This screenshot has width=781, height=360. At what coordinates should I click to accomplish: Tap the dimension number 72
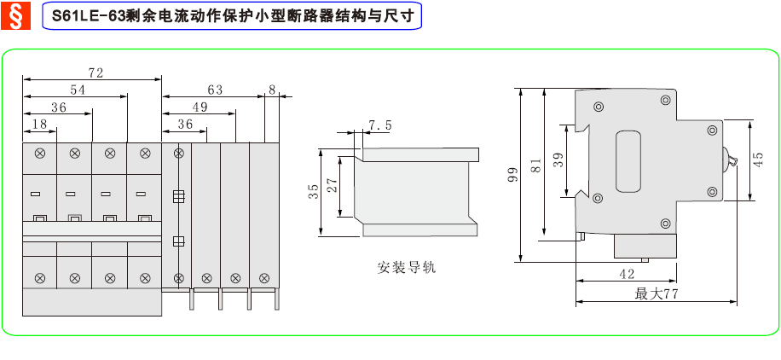tap(95, 73)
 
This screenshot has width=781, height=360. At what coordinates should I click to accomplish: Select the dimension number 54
tap(78, 90)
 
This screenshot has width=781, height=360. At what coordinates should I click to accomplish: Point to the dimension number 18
tap(39, 125)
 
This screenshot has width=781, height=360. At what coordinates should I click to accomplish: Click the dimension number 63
tap(214, 90)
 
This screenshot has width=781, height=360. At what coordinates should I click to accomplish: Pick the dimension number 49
tap(200, 107)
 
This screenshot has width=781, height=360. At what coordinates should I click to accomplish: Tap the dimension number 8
tap(271, 90)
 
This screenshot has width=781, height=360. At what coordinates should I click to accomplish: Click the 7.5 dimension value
tap(380, 125)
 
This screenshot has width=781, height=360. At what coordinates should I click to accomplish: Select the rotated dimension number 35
tap(314, 191)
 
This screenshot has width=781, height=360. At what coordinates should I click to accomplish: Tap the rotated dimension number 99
tap(512, 175)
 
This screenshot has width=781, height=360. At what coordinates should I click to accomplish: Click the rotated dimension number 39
tap(558, 160)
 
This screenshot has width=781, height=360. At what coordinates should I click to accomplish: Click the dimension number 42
tap(626, 274)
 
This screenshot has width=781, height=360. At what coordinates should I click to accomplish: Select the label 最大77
tap(656, 293)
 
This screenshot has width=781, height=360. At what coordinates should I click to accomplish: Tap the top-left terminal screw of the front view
tap(39, 154)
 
